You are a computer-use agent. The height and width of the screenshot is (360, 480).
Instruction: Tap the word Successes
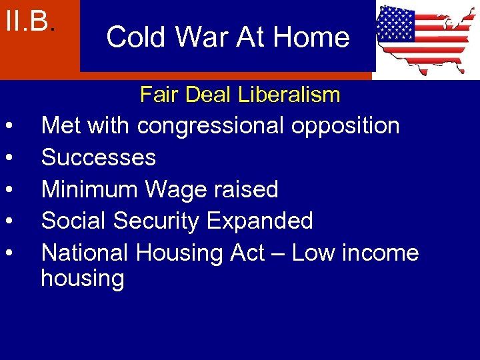tap(99, 157)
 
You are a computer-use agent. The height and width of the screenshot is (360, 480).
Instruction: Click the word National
tap(85, 253)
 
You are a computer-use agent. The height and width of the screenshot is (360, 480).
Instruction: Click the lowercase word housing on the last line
tap(83, 279)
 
